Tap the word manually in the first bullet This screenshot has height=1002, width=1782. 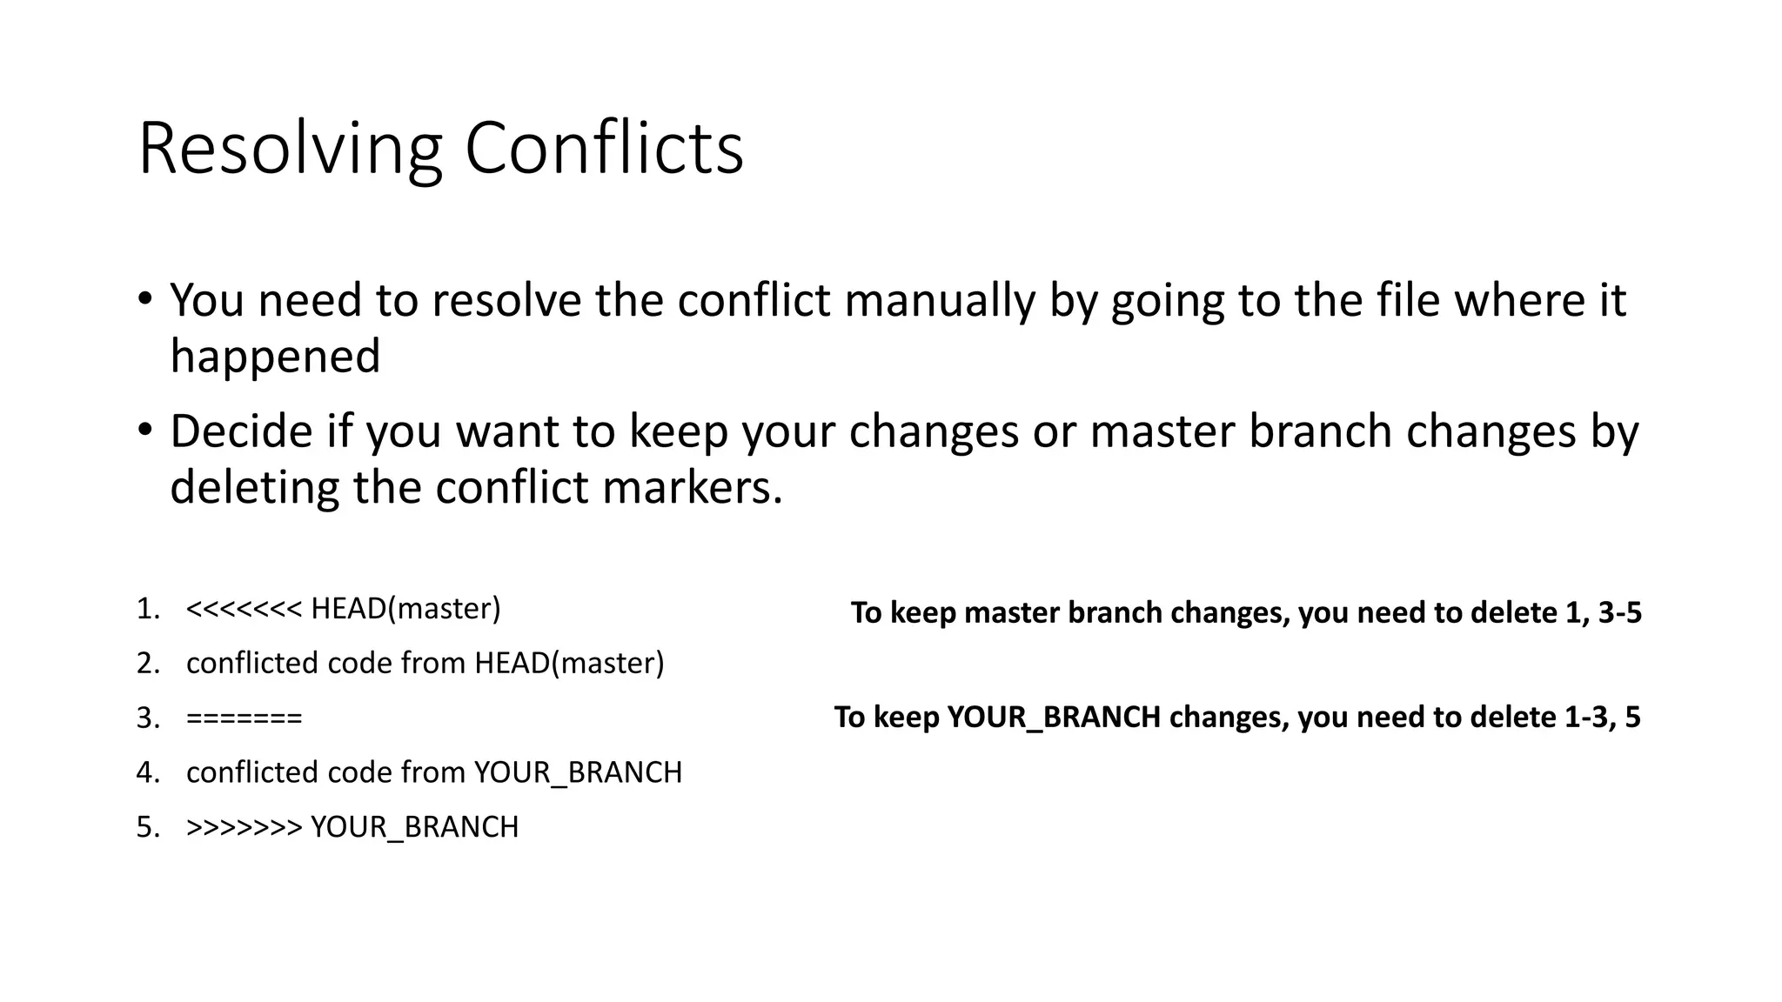point(940,300)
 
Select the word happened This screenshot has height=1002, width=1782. point(275,357)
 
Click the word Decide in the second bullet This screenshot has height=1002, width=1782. point(240,431)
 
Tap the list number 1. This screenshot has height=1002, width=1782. point(147,609)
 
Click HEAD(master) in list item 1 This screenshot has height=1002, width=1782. point(405,609)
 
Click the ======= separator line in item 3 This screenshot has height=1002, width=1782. point(244,718)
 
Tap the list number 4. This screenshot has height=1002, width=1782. point(147,772)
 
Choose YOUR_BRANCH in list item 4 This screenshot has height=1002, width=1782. point(578,772)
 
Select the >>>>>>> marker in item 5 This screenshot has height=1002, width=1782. point(244,827)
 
